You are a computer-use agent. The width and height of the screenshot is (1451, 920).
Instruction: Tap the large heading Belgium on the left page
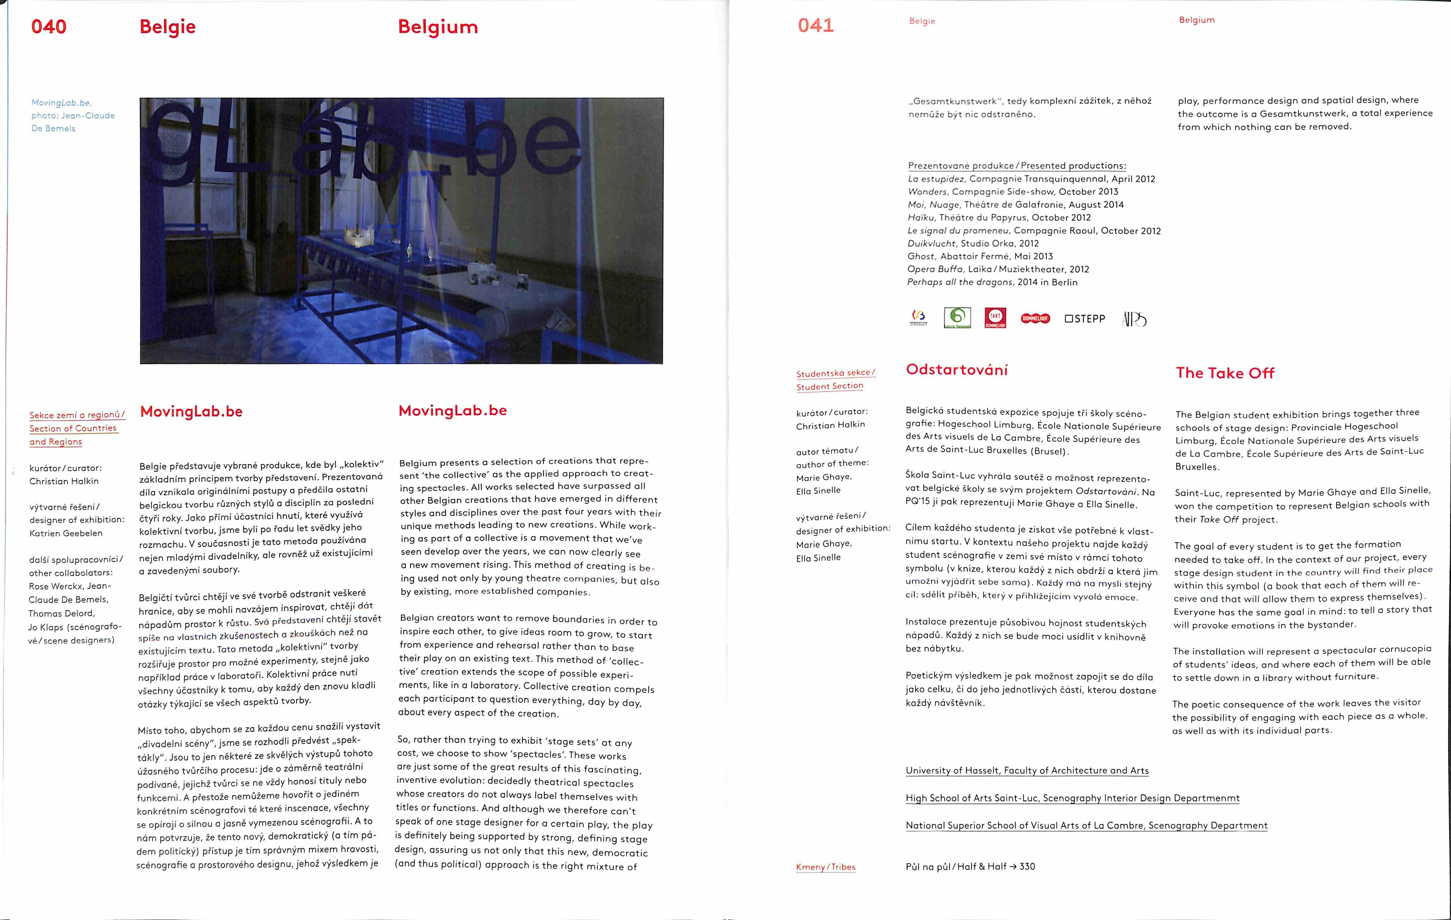pyautogui.click(x=438, y=27)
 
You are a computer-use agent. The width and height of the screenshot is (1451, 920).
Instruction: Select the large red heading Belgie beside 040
pyautogui.click(x=167, y=27)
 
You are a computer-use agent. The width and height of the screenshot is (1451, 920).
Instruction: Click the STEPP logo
pyautogui.click(x=1085, y=319)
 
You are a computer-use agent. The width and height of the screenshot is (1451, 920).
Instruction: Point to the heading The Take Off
pyautogui.click(x=1225, y=373)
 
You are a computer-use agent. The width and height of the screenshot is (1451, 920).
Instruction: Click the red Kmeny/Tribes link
pyautogui.click(x=826, y=867)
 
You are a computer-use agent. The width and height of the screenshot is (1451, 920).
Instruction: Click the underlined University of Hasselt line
pyautogui.click(x=1027, y=771)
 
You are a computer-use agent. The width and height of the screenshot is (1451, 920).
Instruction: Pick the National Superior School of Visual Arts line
pyautogui.click(x=1086, y=826)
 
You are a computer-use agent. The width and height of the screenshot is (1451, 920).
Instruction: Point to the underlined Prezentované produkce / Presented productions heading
pyautogui.click(x=1017, y=166)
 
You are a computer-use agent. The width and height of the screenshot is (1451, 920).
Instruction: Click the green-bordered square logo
pyautogui.click(x=957, y=318)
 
